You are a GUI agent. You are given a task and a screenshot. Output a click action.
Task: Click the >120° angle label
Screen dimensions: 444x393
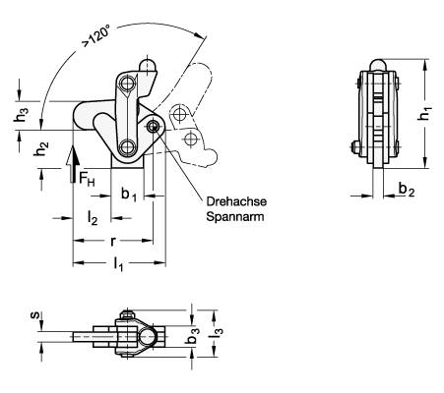click(96, 37)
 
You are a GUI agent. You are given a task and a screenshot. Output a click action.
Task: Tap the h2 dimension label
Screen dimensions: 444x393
click(41, 149)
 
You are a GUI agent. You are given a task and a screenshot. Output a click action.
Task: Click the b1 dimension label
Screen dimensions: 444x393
click(129, 195)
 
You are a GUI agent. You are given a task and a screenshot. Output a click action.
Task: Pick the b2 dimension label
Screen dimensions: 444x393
click(407, 190)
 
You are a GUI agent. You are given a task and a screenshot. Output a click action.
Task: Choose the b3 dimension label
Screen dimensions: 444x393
click(192, 335)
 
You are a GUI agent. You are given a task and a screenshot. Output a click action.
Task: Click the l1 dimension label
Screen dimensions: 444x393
click(118, 264)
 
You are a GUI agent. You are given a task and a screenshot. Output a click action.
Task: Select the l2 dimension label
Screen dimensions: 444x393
click(93, 218)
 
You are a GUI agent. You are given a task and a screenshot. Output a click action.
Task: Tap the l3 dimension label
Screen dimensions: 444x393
click(217, 333)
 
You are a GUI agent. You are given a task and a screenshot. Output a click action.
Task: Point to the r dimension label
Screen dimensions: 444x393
click(113, 242)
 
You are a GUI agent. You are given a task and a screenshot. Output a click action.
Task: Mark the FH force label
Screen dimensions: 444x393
click(87, 179)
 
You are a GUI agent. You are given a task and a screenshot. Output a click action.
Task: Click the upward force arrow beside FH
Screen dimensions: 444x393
click(74, 165)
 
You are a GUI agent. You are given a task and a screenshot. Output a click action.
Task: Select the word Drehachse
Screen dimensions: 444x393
click(236, 201)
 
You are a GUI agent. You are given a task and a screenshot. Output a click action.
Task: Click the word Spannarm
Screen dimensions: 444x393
click(235, 216)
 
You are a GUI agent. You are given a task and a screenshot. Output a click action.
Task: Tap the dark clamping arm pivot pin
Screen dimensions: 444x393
click(153, 126)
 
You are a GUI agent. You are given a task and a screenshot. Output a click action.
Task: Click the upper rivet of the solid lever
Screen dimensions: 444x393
click(126, 84)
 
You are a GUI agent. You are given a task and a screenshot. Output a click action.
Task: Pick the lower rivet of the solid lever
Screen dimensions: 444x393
click(126, 146)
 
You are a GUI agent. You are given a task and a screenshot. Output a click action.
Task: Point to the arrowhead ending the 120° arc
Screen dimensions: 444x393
click(197, 34)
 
